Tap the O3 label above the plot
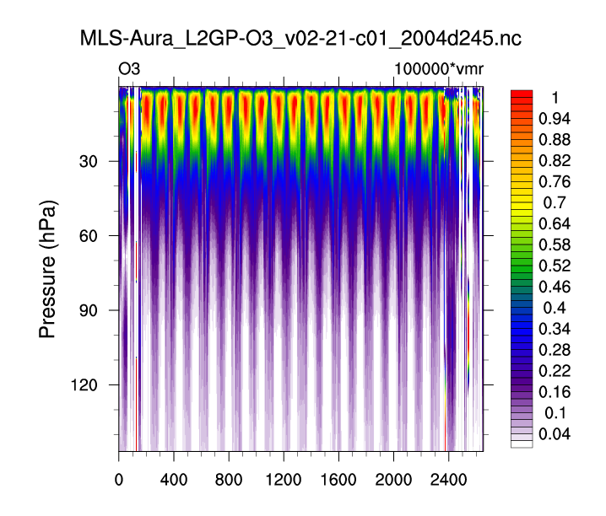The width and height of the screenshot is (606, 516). coord(129,68)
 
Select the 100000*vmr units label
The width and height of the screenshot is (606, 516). coord(438,68)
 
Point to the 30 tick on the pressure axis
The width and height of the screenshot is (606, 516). coord(92,162)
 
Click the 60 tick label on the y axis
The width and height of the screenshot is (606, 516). coord(92,236)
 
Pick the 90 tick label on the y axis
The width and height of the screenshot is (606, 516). coord(92,311)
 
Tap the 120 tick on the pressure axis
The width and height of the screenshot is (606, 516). coord(88,385)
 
